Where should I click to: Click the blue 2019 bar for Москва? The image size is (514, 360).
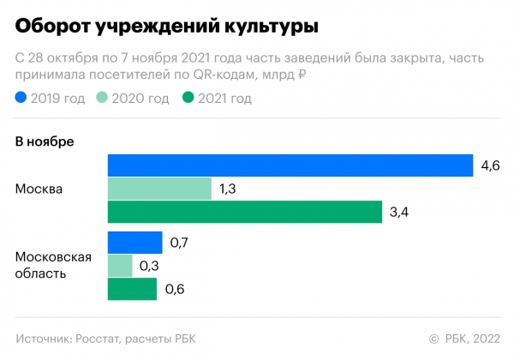pyautogui.click(x=290, y=165)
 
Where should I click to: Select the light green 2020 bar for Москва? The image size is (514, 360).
pyautogui.click(x=159, y=188)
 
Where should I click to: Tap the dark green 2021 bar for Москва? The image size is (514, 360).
pyautogui.click(x=245, y=212)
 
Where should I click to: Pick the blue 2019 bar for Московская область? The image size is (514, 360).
pyautogui.click(x=134, y=243)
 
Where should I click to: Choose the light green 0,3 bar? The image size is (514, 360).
pyautogui.click(x=120, y=266)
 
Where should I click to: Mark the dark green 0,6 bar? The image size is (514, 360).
pyautogui.click(x=132, y=290)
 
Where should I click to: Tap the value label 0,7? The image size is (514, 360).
pyautogui.click(x=178, y=243)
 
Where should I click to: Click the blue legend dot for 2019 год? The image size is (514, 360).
pyautogui.click(x=21, y=99)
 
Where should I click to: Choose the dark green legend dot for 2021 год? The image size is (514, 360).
pyautogui.click(x=188, y=99)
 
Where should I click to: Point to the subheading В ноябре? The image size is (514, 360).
pyautogui.click(x=45, y=141)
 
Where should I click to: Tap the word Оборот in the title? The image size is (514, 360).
pyautogui.click(x=54, y=27)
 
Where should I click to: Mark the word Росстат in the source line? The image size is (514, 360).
pyautogui.click(x=99, y=337)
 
